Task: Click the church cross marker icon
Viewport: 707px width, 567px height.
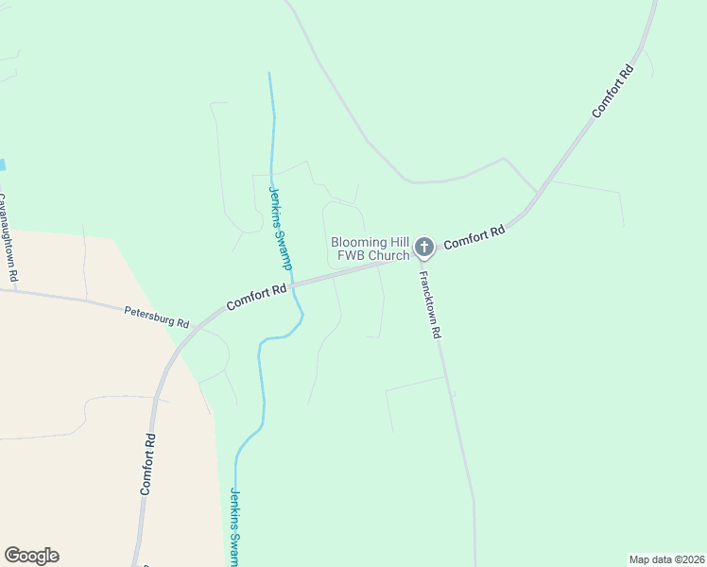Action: click(x=424, y=248)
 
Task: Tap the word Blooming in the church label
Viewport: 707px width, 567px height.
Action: click(x=358, y=242)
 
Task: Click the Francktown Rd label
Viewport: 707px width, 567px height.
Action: click(x=430, y=306)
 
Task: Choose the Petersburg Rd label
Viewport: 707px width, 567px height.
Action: click(x=157, y=316)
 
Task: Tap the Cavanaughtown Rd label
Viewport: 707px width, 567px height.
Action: click(x=8, y=238)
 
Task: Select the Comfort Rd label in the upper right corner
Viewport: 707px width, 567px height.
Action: click(x=612, y=91)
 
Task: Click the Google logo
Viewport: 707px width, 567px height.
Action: click(x=31, y=556)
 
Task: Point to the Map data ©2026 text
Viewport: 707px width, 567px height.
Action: click(x=666, y=558)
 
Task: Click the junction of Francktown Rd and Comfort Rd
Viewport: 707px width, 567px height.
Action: click(x=417, y=261)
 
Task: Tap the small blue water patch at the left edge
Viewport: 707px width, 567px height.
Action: click(x=2, y=164)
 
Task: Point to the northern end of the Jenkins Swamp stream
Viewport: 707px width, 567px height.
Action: click(x=269, y=75)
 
